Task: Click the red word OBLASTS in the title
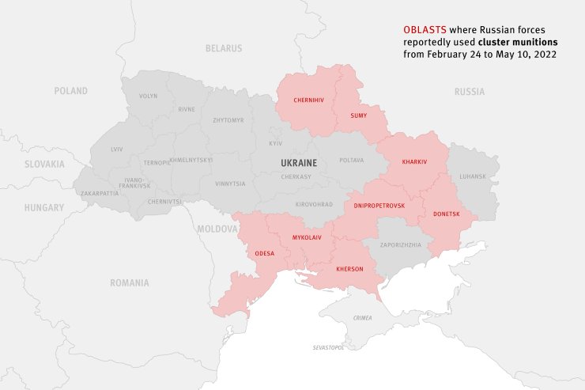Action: pos(424,29)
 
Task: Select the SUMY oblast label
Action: pos(358,115)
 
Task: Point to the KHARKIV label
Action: pos(413,161)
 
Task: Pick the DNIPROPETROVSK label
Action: pos(379,205)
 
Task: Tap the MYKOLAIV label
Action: pos(306,237)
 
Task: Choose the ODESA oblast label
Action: pos(264,253)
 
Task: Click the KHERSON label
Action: pos(349,269)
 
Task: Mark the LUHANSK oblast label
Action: pos(473,176)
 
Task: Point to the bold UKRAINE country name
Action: pos(299,162)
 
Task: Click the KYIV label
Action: pos(275,143)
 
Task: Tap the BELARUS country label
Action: pos(224,48)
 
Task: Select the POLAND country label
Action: pos(71,91)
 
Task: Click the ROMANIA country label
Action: pos(130,282)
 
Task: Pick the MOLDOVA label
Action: pos(217,229)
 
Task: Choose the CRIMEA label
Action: pos(362,318)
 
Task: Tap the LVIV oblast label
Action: pos(117,149)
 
